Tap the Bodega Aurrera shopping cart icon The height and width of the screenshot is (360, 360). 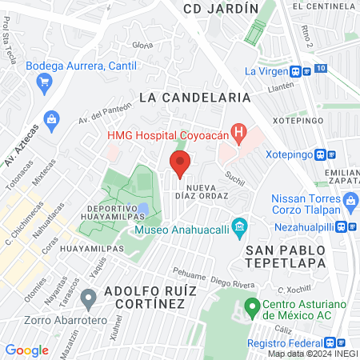44,82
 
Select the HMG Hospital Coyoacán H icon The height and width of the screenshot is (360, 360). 238,131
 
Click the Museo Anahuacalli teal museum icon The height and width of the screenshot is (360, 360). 238,226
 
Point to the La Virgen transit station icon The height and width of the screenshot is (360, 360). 297,70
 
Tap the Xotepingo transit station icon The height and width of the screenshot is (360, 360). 320,154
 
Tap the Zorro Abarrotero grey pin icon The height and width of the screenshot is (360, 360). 89,299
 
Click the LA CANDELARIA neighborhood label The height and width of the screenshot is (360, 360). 195,97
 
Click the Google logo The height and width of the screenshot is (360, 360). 26,350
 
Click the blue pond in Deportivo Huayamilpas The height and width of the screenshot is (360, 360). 142,210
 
